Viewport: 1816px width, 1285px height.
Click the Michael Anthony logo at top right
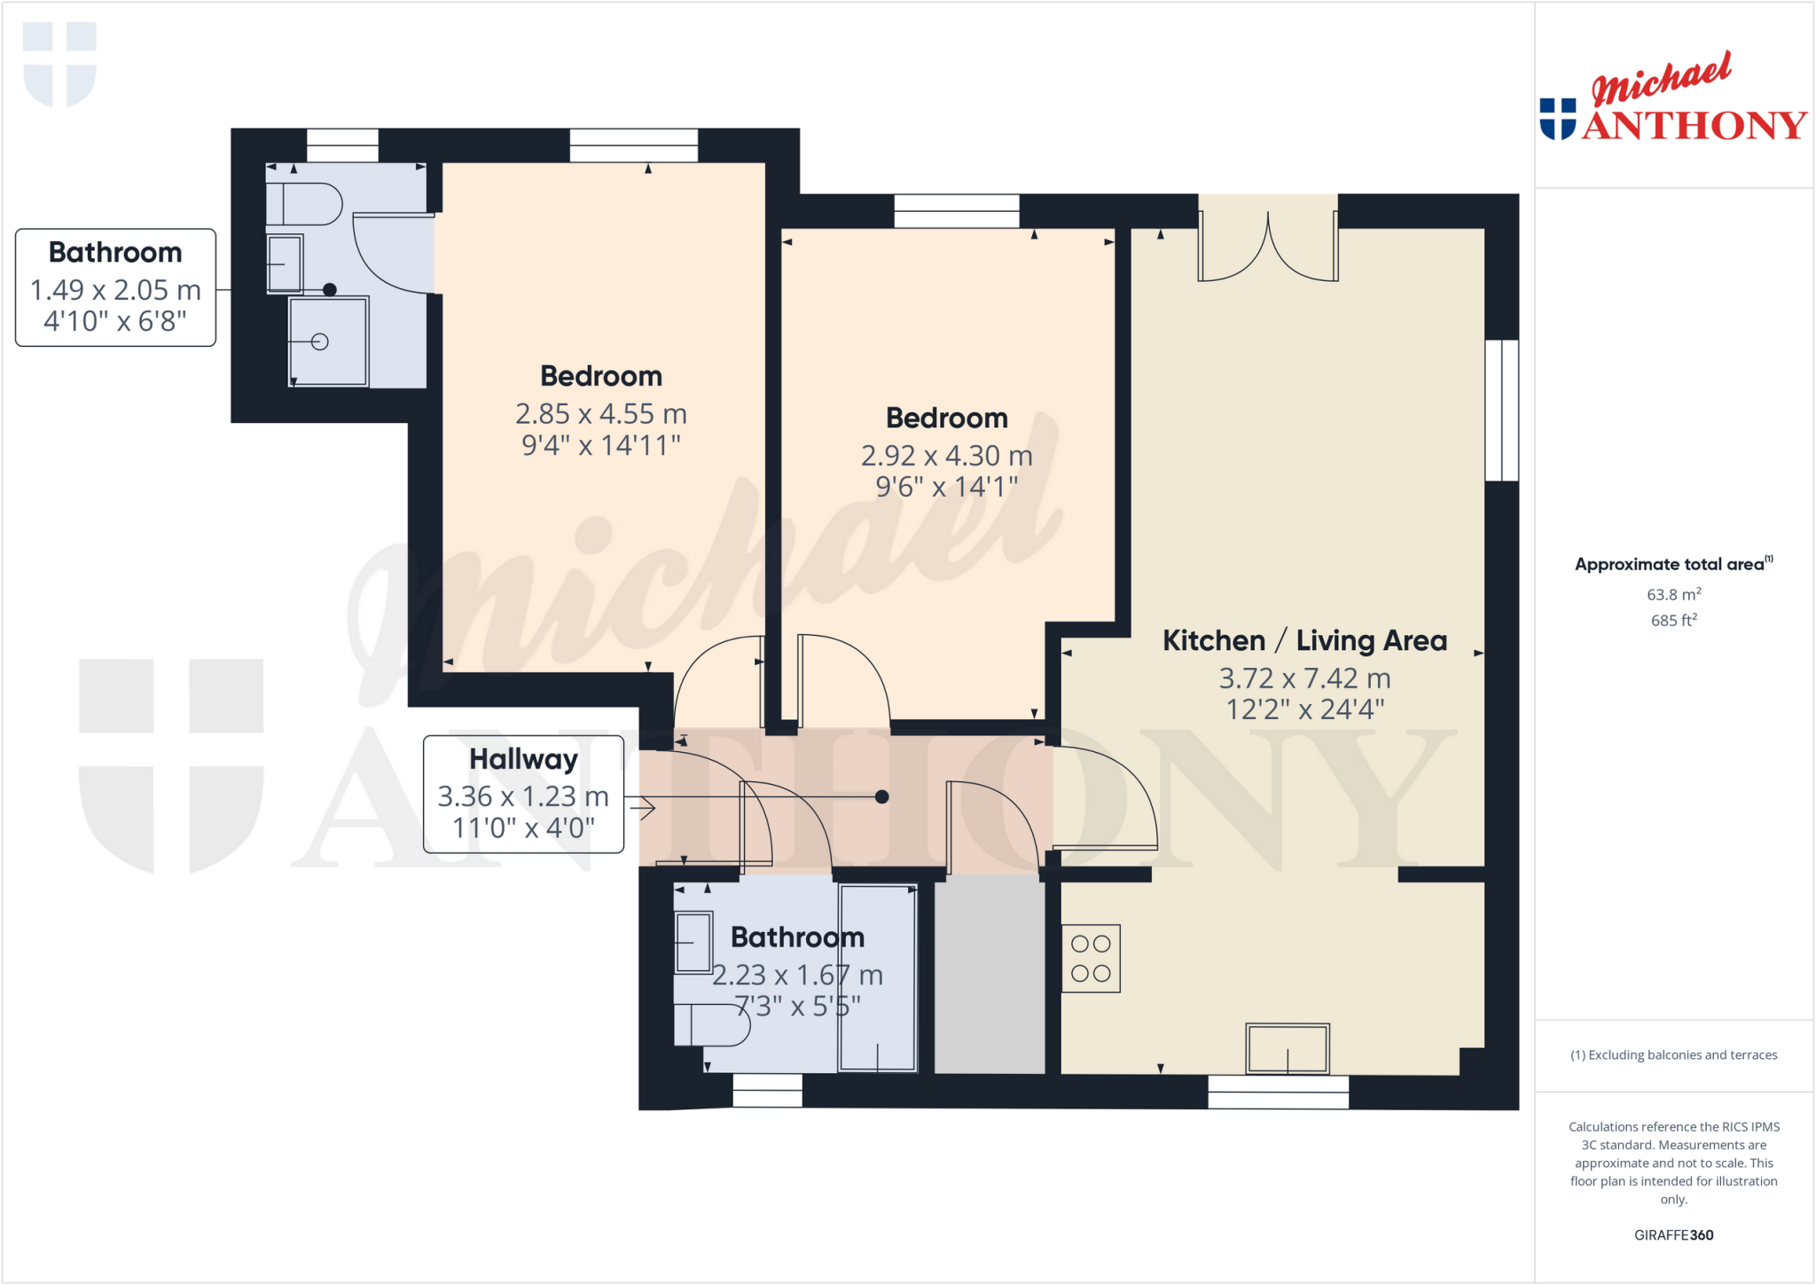pos(1672,99)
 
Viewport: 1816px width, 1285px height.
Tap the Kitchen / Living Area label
pos(1304,640)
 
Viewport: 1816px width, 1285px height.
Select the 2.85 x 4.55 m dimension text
pos(600,414)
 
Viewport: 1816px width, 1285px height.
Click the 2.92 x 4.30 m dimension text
pos(946,456)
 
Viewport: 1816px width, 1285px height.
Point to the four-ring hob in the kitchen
pos(1091,959)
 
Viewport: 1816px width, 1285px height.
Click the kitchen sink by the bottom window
pos(1287,1048)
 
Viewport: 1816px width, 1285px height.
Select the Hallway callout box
pos(523,794)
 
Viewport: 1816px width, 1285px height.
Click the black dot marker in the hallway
pos(881,796)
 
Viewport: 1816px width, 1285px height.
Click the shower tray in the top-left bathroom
pos(328,341)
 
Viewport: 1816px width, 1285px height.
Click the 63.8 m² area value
pos(1673,594)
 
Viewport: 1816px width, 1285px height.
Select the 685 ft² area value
pos(1673,621)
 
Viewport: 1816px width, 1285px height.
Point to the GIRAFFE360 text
pos(1673,1234)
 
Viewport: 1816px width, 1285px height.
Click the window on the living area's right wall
pos(1501,410)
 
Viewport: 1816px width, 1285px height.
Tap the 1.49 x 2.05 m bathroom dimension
pos(115,290)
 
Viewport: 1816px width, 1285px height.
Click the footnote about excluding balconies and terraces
pos(1673,1054)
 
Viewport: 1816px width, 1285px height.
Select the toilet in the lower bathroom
pos(711,1025)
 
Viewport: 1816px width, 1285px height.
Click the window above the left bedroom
pos(633,145)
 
